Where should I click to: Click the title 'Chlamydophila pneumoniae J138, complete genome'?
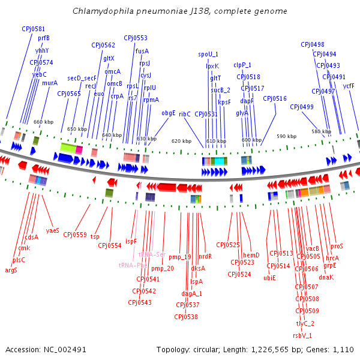click(179, 11)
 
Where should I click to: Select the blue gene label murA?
click(50, 83)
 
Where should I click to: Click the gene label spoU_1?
click(208, 54)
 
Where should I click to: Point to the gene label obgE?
click(169, 113)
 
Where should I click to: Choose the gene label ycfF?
click(349, 86)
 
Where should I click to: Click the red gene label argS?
click(11, 270)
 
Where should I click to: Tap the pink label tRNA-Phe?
click(133, 265)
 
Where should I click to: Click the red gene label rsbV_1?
click(302, 335)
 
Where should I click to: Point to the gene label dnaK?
click(326, 277)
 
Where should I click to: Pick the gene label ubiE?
click(269, 278)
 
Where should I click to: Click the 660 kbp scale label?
click(43, 122)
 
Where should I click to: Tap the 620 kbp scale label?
click(181, 141)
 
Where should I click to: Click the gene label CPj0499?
click(302, 107)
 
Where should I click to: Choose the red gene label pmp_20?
click(162, 268)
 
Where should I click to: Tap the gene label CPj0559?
click(75, 235)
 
